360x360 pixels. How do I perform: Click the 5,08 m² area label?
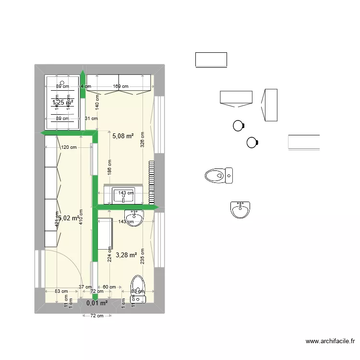click(x=122, y=136)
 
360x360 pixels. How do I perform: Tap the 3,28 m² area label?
click(x=126, y=255)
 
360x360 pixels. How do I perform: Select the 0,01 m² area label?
click(x=97, y=303)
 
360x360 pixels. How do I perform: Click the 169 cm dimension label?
click(x=120, y=86)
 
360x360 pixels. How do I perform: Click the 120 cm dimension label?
click(x=69, y=147)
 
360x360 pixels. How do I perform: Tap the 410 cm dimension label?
click(x=81, y=217)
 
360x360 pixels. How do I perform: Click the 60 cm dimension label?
click(x=109, y=287)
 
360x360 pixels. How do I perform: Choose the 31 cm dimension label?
click(x=91, y=119)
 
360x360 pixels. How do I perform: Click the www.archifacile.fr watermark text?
click(x=330, y=342)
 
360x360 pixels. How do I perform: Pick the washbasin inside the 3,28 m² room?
click(x=134, y=217)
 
